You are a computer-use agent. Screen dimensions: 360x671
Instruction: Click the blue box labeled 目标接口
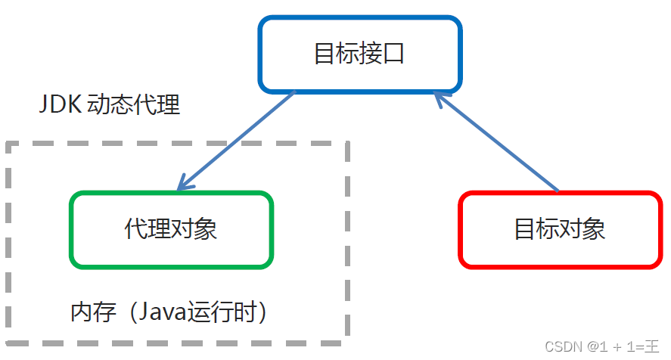click(x=359, y=54)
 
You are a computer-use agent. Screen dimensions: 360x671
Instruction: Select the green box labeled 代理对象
click(x=171, y=230)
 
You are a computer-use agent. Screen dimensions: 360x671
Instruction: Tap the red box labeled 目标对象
click(x=561, y=230)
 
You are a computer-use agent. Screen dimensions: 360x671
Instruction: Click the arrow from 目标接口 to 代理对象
click(x=236, y=141)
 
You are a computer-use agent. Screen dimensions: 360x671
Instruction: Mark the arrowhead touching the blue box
click(x=440, y=98)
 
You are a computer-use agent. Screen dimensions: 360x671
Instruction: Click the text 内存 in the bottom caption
click(x=88, y=311)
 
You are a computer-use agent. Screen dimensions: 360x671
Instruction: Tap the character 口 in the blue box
click(x=394, y=54)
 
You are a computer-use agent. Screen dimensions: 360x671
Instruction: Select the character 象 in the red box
click(x=595, y=230)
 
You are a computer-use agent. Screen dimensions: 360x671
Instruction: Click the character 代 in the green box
click(x=136, y=230)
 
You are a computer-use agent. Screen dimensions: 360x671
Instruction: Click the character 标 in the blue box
click(x=347, y=54)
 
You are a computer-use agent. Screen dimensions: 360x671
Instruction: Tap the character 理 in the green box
click(x=159, y=230)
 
